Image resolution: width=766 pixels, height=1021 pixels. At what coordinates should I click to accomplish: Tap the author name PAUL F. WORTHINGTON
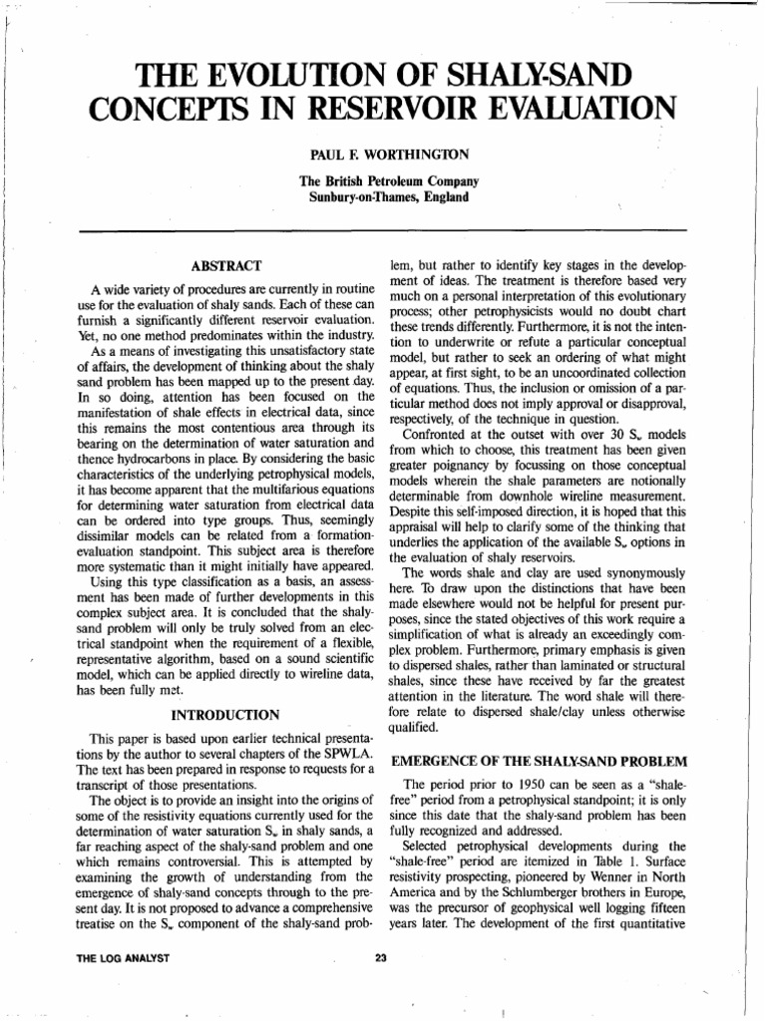(x=384, y=157)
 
